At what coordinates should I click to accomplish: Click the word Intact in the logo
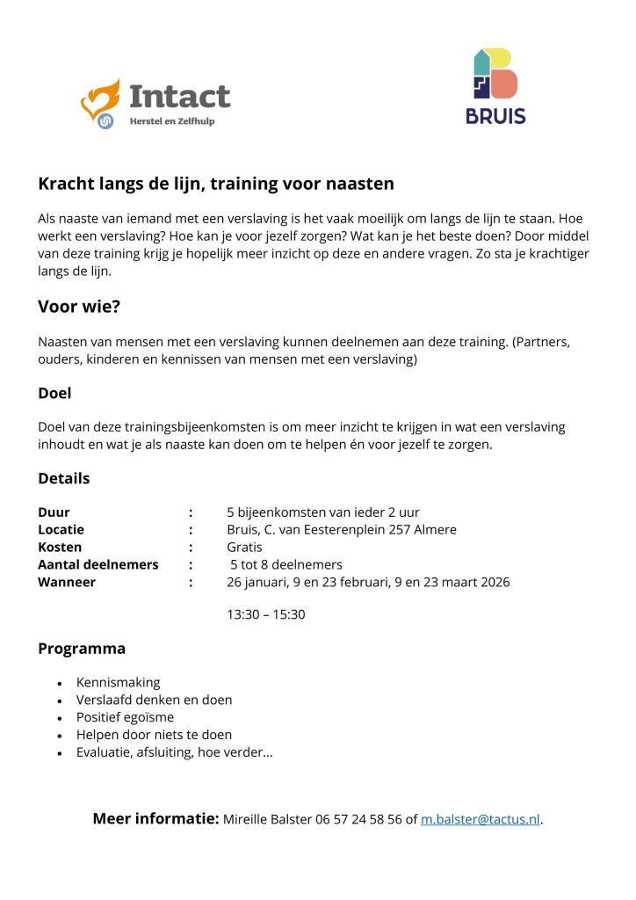(x=179, y=96)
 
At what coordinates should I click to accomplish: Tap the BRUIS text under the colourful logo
(x=495, y=115)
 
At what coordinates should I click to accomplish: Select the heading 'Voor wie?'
(x=79, y=307)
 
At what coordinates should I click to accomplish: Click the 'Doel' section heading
(x=54, y=393)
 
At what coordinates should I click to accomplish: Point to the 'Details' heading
(x=63, y=478)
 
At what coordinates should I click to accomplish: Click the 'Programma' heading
(x=82, y=649)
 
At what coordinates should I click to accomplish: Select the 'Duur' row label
(x=54, y=512)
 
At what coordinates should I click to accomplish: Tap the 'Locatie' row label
(x=61, y=529)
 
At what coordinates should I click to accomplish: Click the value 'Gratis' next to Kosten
(x=244, y=547)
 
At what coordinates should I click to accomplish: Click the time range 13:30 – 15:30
(x=265, y=614)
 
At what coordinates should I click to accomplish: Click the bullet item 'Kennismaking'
(x=118, y=682)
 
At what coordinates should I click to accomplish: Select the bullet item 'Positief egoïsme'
(x=125, y=717)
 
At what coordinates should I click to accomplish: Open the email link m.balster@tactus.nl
(x=480, y=819)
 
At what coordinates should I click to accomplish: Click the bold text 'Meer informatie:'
(x=155, y=818)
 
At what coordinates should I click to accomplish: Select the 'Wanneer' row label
(x=67, y=582)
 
